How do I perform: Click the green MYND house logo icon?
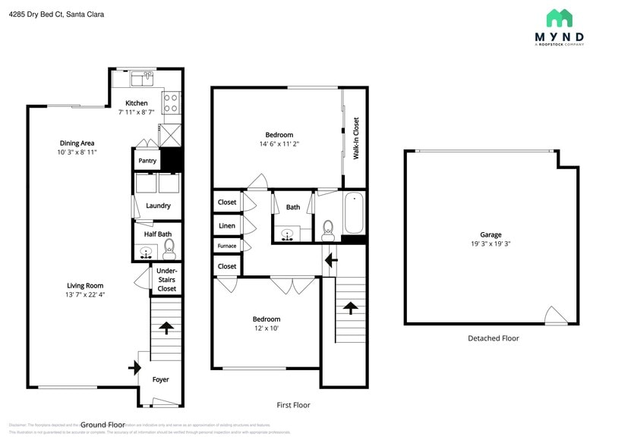pos(559,18)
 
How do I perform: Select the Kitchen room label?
pos(137,103)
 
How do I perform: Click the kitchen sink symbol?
pos(141,78)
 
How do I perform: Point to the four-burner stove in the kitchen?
pos(172,102)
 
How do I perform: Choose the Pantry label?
pos(147,161)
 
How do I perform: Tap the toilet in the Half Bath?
pos(169,247)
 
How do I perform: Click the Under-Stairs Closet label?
pos(166,279)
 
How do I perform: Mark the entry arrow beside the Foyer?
pos(135,368)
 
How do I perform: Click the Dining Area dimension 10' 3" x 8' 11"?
pos(77,152)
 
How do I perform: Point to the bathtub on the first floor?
pos(354,214)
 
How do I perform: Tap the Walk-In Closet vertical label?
pos(355,138)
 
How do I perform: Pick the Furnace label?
pos(226,246)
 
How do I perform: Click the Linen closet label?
pos(226,226)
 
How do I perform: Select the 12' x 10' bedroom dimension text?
pos(267,328)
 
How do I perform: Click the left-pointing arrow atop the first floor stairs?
pos(330,260)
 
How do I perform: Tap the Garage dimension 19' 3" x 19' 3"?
pos(491,244)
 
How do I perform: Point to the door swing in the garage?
pos(554,316)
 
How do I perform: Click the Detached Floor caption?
pos(493,338)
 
